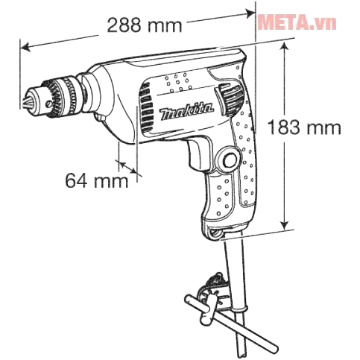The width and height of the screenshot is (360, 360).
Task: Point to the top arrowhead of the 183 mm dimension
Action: click(x=285, y=45)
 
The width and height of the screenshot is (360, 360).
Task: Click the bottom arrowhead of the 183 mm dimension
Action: click(x=285, y=228)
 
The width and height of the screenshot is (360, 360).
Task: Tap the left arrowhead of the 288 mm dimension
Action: click(x=25, y=47)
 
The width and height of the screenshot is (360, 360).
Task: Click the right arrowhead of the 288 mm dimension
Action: click(x=250, y=11)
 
